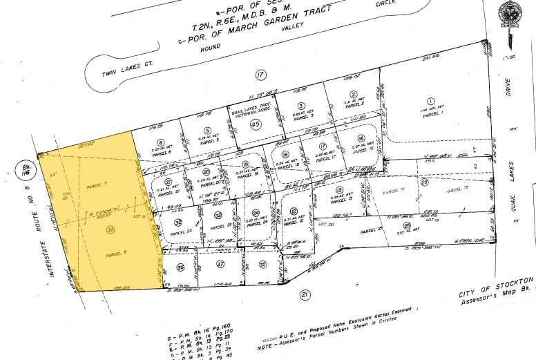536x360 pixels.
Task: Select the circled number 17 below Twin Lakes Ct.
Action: pyautogui.click(x=260, y=75)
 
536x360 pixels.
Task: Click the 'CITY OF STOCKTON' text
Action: pyautogui.click(x=488, y=288)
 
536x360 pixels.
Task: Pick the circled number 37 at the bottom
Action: pyautogui.click(x=220, y=264)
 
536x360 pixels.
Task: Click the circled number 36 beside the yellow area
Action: pyautogui.click(x=180, y=267)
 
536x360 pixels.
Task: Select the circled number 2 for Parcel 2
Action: pyautogui.click(x=353, y=95)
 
